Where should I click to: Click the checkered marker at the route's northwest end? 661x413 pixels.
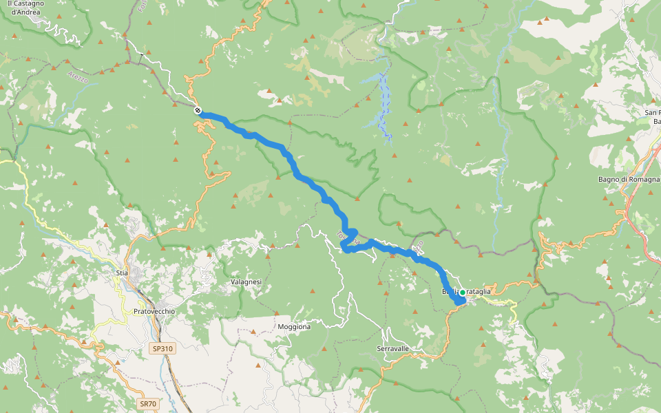tap(198, 110)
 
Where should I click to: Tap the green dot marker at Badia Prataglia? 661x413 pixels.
tap(462, 292)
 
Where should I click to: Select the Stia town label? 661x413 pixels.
tap(123, 273)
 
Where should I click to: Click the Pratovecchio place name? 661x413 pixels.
tap(154, 311)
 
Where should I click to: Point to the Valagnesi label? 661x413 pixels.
tap(246, 282)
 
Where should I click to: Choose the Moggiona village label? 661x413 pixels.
tap(293, 327)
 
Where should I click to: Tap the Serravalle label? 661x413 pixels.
tap(393, 349)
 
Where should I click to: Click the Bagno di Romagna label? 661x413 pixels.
tap(629, 180)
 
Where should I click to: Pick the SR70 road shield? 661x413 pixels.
tap(147, 404)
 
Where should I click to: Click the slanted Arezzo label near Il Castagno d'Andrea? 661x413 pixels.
tap(78, 76)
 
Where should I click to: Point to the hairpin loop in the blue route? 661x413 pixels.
tap(349, 241)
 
